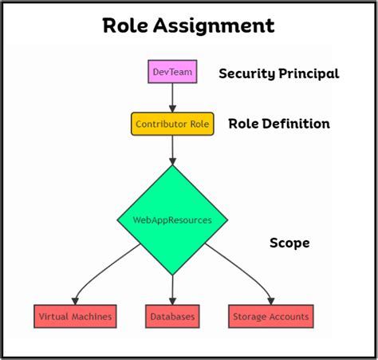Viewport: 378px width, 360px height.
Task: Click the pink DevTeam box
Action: coord(172,72)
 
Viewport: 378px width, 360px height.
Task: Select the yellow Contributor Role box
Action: coord(172,124)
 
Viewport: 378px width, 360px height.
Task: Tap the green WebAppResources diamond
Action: coord(172,219)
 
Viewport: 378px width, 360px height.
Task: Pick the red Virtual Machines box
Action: coord(76,317)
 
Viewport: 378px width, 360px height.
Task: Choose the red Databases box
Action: coord(172,317)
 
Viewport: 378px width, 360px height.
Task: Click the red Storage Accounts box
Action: coord(270,317)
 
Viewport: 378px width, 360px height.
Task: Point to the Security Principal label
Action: coord(278,73)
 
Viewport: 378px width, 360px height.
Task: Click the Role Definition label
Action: coord(278,124)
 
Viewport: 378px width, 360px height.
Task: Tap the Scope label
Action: coord(288,243)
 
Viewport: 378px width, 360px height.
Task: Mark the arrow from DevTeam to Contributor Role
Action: coord(172,97)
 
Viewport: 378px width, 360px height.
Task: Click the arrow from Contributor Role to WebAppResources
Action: coord(172,150)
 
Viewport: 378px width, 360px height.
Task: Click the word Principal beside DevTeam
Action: coord(309,73)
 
